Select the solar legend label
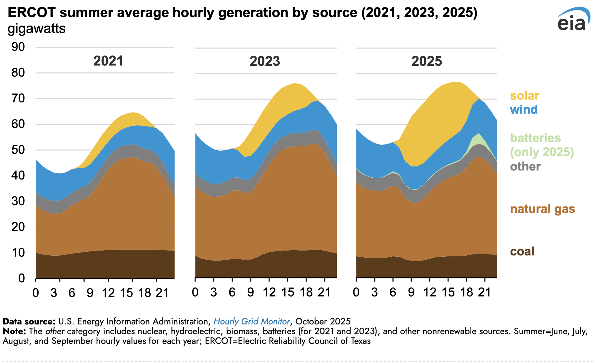click(x=525, y=96)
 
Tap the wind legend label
click(x=524, y=110)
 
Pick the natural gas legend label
click(x=542, y=209)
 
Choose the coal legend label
click(x=522, y=252)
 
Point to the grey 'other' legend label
click(x=525, y=167)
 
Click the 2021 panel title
click(x=108, y=61)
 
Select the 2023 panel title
click(x=265, y=61)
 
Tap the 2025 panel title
click(x=427, y=61)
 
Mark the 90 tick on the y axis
click(x=18, y=47)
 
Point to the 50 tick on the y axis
click(x=18, y=150)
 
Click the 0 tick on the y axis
click(x=21, y=278)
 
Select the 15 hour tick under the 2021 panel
click(x=126, y=293)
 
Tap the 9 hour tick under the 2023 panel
click(x=250, y=292)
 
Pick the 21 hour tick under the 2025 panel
click(x=485, y=292)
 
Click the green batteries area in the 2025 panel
click(x=479, y=140)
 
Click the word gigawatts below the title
click(x=36, y=29)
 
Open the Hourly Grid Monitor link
click(x=252, y=322)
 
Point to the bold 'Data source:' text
click(x=29, y=322)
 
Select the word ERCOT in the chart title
click(x=32, y=13)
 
